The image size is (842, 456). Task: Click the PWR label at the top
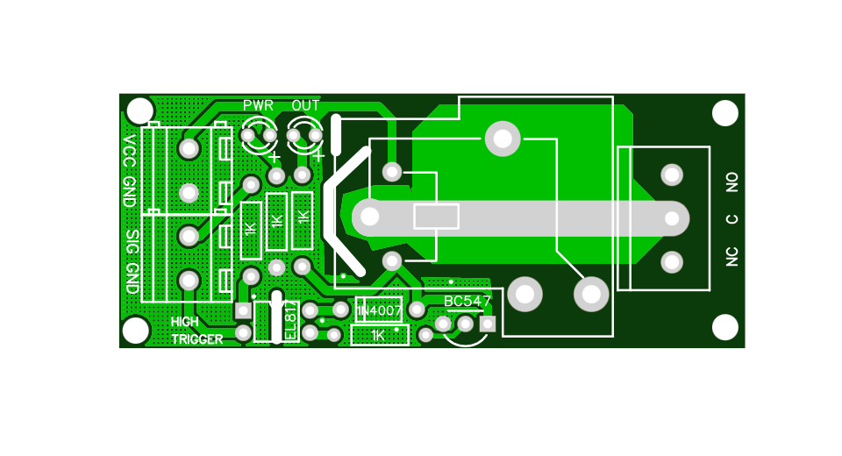258,105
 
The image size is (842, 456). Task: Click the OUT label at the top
305,105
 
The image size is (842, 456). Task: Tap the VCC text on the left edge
130,151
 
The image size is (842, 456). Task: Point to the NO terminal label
732,182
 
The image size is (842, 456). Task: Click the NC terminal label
732,256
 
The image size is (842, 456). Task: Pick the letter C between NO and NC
732,219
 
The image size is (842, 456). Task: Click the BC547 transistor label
467,302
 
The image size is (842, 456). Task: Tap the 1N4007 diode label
379,311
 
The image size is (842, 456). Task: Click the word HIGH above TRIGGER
186,322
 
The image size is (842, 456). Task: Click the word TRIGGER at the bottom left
196,339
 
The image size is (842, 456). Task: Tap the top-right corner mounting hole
724,113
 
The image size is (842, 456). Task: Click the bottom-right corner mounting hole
724,327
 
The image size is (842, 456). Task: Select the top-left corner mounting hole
139,111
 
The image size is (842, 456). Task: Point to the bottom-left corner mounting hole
136,330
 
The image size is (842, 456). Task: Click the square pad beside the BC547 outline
488,324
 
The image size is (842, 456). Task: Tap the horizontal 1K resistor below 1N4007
379,335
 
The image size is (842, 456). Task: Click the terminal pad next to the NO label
672,175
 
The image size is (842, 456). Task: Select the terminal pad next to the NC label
672,261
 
